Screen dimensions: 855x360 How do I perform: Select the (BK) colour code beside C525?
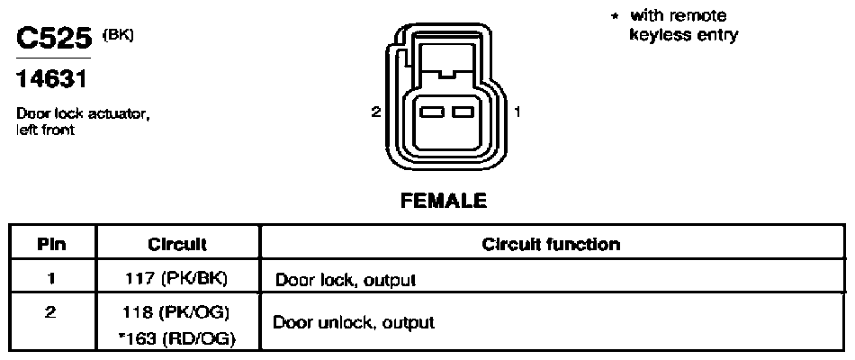118,34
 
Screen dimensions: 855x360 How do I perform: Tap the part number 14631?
51,79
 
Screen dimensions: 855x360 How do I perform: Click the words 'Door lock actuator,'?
83,114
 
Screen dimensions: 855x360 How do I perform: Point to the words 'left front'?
45,130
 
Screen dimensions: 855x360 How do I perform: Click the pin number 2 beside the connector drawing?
375,112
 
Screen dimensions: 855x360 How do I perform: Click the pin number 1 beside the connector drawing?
517,112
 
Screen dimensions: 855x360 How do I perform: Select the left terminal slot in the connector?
431,112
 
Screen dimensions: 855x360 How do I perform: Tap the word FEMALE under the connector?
444,201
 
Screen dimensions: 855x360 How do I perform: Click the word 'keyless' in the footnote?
659,36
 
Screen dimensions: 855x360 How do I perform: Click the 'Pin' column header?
52,245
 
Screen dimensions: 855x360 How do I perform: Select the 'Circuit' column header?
177,245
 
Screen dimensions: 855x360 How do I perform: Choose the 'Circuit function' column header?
551,244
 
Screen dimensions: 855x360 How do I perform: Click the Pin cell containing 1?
52,279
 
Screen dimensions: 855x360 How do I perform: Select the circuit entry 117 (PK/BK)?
176,279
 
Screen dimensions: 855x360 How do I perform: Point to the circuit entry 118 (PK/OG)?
176,313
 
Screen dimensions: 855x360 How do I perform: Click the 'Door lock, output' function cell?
346,281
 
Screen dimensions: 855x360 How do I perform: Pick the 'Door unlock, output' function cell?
354,322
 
